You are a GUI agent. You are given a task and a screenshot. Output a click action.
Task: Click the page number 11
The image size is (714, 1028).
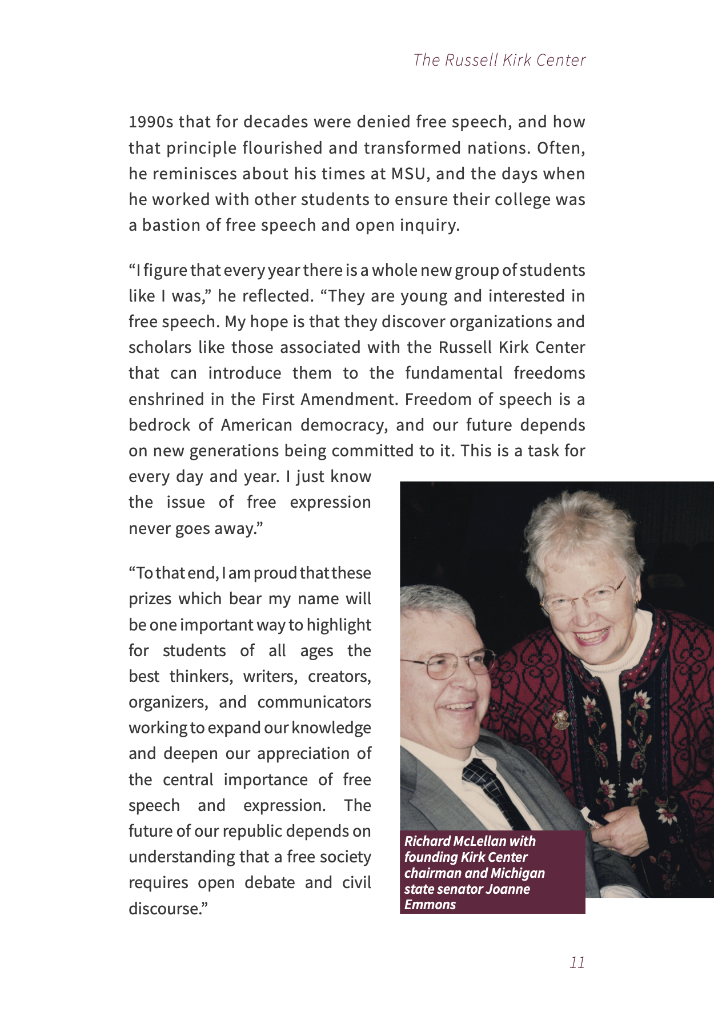pyautogui.click(x=577, y=963)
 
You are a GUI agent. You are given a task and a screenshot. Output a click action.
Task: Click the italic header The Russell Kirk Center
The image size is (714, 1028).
pyautogui.click(x=499, y=60)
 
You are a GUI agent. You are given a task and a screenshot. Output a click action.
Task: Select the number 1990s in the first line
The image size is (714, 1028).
pyautogui.click(x=151, y=122)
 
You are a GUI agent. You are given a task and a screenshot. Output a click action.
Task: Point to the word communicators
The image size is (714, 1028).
pyautogui.click(x=314, y=702)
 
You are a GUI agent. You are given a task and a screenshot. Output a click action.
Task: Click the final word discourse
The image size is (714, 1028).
pyautogui.click(x=166, y=908)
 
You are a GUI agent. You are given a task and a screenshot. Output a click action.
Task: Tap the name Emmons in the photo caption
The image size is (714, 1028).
pyautogui.click(x=430, y=905)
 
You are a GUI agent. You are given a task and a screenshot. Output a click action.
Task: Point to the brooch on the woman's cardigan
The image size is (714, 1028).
pyautogui.click(x=561, y=719)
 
